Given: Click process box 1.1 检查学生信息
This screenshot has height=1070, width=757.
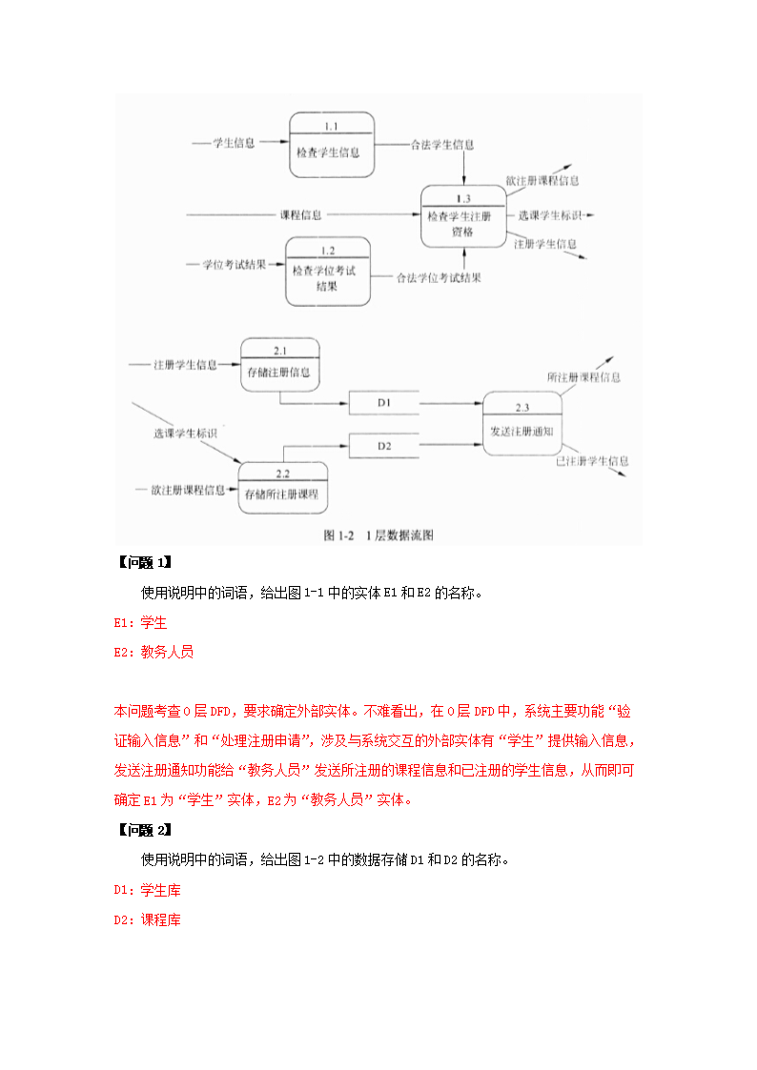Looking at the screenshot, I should pyautogui.click(x=331, y=145).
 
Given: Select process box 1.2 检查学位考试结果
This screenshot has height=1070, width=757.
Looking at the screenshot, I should pyautogui.click(x=327, y=272).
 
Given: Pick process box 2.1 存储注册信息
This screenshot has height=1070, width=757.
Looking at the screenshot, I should pyautogui.click(x=279, y=364).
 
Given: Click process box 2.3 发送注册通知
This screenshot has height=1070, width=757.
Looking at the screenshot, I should pyautogui.click(x=522, y=423).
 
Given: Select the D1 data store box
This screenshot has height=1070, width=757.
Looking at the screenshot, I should pyautogui.click(x=384, y=404).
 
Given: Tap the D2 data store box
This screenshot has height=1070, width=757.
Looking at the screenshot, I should pyautogui.click(x=384, y=445).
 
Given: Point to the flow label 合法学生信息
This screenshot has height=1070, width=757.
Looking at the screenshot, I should pyautogui.click(x=442, y=145).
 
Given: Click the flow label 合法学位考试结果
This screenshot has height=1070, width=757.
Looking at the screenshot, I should pyautogui.click(x=439, y=278).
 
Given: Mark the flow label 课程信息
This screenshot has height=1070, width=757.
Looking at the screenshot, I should pyautogui.click(x=300, y=215).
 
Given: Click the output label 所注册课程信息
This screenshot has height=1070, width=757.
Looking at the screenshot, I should pyautogui.click(x=583, y=377).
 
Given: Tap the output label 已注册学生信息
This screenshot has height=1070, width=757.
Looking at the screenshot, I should pyautogui.click(x=592, y=461).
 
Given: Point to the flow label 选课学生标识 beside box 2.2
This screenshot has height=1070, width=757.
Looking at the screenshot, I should pyautogui.click(x=185, y=434).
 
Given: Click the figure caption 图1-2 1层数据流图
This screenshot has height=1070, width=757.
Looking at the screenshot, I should pyautogui.click(x=378, y=535).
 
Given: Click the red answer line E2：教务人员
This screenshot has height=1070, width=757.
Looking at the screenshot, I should pyautogui.click(x=153, y=653).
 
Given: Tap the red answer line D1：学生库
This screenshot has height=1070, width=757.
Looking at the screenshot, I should pyautogui.click(x=147, y=891).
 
